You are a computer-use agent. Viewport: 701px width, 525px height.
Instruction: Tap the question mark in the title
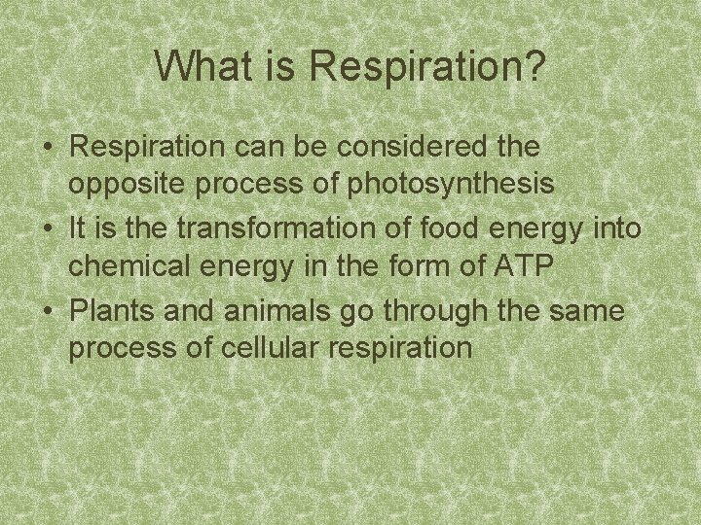535,67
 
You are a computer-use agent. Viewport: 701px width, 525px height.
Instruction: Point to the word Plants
108,310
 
